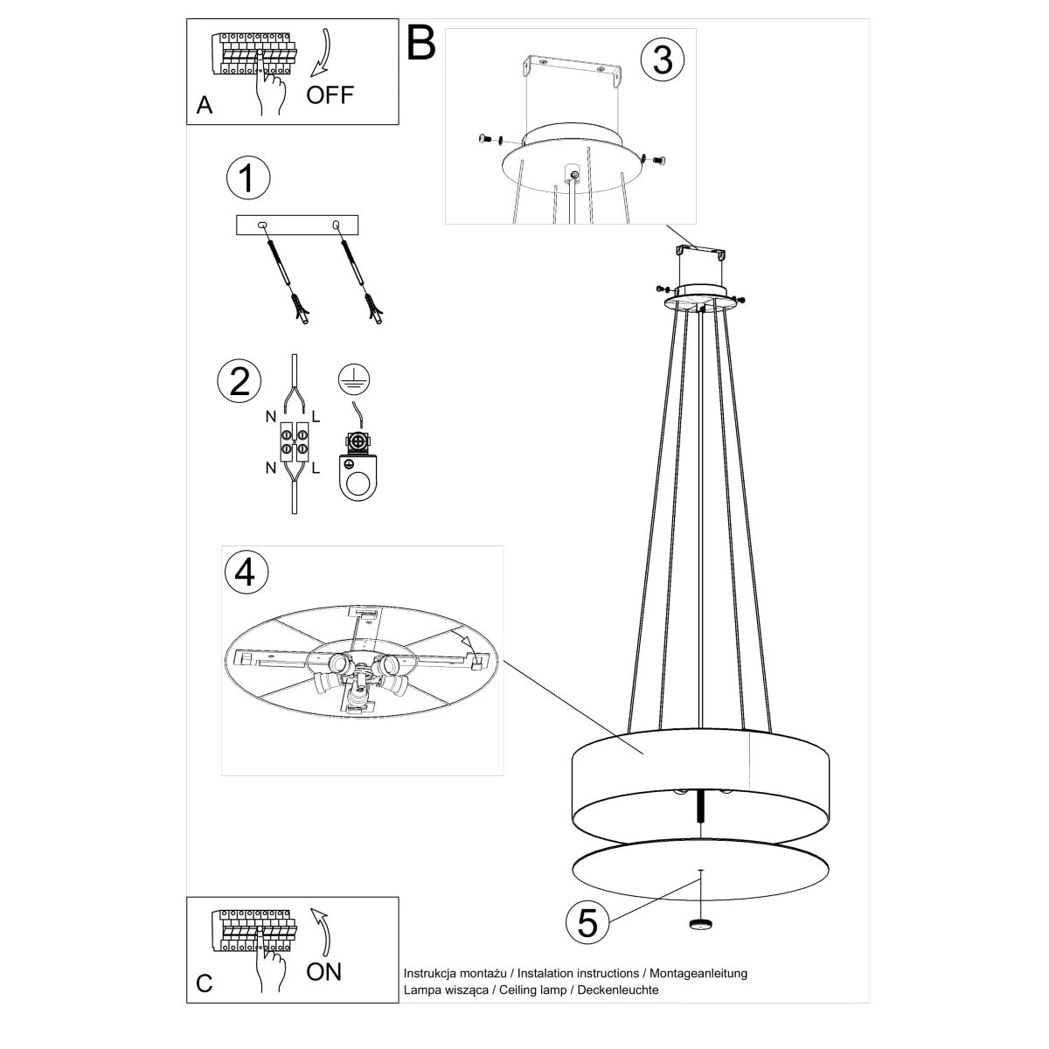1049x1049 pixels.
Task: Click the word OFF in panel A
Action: point(330,95)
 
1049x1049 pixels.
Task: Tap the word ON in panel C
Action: point(324,972)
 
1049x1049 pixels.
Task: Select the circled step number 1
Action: point(248,178)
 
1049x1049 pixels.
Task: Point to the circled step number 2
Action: point(239,381)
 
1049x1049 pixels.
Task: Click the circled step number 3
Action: point(663,59)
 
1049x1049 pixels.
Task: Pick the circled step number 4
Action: point(247,572)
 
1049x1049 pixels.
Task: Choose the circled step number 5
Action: point(587,923)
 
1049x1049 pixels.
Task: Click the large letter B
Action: point(421,44)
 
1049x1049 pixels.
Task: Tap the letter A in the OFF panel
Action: point(205,105)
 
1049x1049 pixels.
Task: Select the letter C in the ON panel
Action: point(205,983)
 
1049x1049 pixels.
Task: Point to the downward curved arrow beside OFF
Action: point(322,52)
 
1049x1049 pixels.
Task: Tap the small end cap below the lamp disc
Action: point(700,923)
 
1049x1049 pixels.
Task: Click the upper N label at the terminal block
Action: point(270,417)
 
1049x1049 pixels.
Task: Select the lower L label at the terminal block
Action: point(316,469)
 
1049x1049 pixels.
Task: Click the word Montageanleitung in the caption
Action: point(698,973)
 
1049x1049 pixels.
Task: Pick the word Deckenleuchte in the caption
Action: point(618,990)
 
